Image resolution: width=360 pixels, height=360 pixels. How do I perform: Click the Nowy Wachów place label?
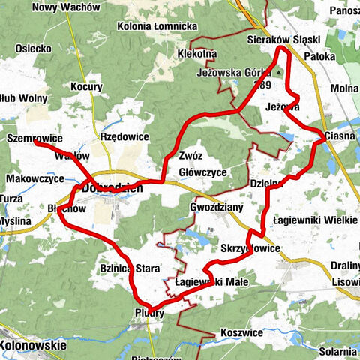point(67,7)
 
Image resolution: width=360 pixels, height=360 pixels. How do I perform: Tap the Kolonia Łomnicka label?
point(157,26)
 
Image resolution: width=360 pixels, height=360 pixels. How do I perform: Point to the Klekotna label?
point(197,55)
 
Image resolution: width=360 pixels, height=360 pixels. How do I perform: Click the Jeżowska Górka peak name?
point(232,73)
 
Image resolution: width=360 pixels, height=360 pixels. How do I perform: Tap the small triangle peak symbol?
point(278,73)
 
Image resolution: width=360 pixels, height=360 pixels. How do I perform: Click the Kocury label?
point(87,87)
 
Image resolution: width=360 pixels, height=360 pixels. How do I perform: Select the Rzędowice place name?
point(125,137)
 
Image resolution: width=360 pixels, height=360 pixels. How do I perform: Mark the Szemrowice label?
point(32,139)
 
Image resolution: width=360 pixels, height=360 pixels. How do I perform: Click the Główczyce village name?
point(202,172)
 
